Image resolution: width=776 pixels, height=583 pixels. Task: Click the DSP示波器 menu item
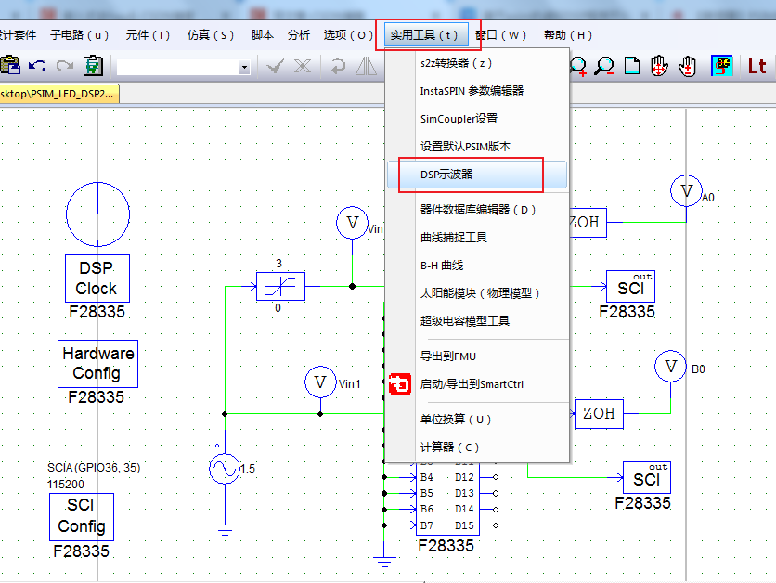[x=446, y=175]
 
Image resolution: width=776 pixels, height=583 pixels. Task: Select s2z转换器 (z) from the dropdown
[x=456, y=63]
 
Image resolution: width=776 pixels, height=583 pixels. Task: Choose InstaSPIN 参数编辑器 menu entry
[x=472, y=91]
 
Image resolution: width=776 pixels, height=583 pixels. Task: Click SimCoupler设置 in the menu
[x=459, y=119]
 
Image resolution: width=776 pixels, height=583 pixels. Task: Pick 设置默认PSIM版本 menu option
[x=465, y=147]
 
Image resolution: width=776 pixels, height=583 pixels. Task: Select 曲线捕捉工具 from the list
[x=453, y=238]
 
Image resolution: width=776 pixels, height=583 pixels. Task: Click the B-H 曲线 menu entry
[x=442, y=266]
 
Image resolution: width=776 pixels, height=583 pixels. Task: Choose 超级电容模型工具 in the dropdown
[x=465, y=321]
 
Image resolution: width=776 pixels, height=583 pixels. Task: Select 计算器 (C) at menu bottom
[x=449, y=447]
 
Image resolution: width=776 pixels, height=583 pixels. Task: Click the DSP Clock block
[x=97, y=278]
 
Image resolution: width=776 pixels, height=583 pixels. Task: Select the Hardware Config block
[x=97, y=363]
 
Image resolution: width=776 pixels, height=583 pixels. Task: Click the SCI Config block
[x=82, y=517]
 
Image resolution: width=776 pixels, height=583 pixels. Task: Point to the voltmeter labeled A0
[x=687, y=191]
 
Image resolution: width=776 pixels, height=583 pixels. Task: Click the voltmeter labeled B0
[x=670, y=367]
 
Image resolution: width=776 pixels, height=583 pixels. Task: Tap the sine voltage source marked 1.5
[x=224, y=469]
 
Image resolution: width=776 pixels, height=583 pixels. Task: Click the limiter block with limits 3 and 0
[x=280, y=287]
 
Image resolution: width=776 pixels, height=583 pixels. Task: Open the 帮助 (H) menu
[x=567, y=35]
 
